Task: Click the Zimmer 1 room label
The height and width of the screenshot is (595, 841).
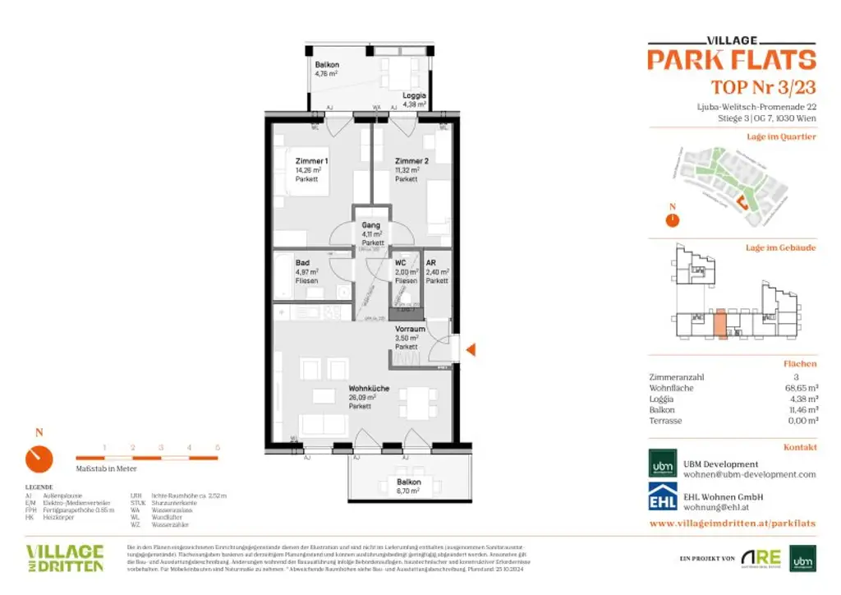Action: [x=311, y=162]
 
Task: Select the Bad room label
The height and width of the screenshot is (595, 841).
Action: [x=303, y=264]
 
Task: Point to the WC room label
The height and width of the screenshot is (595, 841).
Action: [x=402, y=264]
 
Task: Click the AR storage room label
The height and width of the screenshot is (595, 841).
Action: [x=430, y=264]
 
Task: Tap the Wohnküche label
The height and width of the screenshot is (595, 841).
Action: [x=369, y=389]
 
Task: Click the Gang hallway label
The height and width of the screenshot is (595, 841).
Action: [x=371, y=225]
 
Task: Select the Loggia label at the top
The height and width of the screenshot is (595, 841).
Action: [x=414, y=95]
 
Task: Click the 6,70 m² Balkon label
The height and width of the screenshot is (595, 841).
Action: [x=408, y=482]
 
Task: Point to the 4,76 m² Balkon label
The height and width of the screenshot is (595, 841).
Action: [x=327, y=65]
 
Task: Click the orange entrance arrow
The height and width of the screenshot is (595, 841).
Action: [x=471, y=350]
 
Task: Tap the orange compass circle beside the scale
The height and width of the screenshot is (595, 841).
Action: [x=39, y=459]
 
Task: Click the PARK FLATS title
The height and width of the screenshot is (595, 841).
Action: [x=731, y=60]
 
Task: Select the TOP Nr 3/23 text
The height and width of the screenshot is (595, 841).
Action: [x=763, y=88]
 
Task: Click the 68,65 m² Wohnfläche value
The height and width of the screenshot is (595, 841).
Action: [x=800, y=388]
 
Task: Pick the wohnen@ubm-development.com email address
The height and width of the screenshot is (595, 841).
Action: [x=750, y=475]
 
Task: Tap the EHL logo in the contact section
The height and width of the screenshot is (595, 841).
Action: [x=663, y=501]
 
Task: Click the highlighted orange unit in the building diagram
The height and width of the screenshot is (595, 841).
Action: [x=719, y=324]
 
